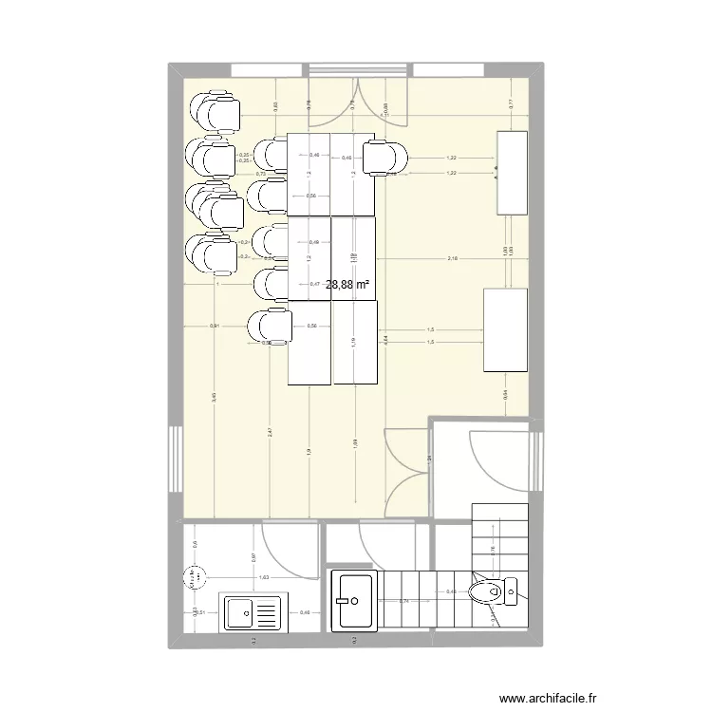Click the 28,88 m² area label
coord(347,284)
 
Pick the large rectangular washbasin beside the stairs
coord(354,600)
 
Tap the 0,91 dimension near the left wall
coord(215,327)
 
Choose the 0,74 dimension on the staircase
coord(403,601)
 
